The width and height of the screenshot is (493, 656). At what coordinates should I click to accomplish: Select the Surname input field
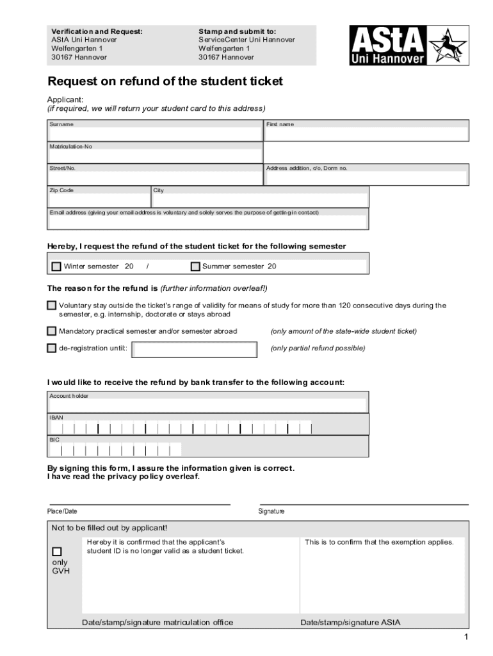tap(156, 134)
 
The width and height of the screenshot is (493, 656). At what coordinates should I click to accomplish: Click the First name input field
tap(367, 134)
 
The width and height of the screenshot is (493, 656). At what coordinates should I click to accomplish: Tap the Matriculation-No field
tap(156, 156)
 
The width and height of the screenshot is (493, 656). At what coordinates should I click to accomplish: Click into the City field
tap(259, 200)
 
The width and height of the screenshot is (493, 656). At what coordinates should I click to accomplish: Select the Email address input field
tap(208, 222)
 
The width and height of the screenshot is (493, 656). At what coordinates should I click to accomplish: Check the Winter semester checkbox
tap(56, 266)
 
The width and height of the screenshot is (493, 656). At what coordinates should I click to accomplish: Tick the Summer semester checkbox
tap(196, 266)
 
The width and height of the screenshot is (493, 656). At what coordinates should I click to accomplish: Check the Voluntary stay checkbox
tap(52, 306)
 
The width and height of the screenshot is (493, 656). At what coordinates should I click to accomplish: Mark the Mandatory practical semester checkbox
tap(52, 331)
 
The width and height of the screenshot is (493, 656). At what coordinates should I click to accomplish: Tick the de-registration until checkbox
tap(52, 348)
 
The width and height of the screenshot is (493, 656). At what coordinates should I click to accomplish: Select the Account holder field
tap(208, 406)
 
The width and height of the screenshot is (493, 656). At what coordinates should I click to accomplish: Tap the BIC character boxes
tap(115, 450)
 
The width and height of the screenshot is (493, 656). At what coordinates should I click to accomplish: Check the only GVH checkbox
tap(57, 552)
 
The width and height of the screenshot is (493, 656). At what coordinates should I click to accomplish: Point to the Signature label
tap(271, 511)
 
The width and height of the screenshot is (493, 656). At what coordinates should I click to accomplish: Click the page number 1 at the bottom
tap(467, 637)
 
